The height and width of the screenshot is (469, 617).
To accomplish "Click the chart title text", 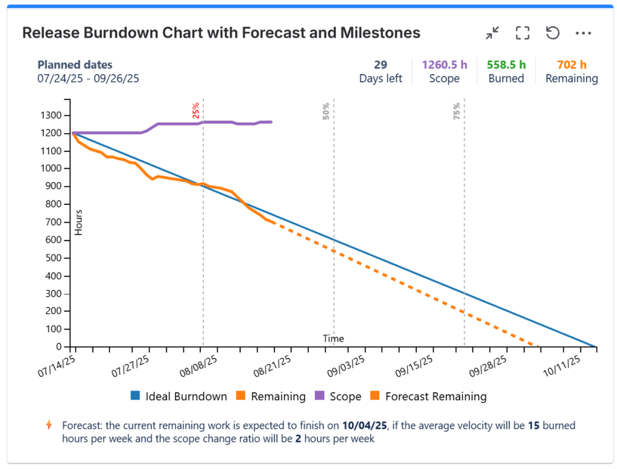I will [x=221, y=33].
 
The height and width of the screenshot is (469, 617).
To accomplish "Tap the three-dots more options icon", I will [x=583, y=33].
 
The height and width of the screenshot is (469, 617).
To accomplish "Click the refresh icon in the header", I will [x=553, y=33].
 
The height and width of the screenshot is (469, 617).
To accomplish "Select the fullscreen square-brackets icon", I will [x=523, y=33].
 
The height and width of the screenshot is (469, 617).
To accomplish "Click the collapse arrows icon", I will [x=492, y=33].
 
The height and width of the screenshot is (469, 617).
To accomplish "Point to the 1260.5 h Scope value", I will [x=444, y=64].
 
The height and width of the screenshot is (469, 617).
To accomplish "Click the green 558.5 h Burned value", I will [x=506, y=64].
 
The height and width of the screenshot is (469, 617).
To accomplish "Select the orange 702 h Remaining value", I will [x=571, y=64].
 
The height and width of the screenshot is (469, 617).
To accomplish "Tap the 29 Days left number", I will [x=380, y=64].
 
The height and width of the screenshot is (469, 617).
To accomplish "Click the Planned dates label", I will [x=75, y=64].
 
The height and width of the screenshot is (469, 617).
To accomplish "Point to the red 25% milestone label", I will [x=196, y=110].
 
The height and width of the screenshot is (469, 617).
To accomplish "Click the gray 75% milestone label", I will [x=457, y=110].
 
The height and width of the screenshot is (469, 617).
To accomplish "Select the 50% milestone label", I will [x=326, y=110].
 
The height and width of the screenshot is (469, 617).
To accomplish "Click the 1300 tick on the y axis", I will [x=52, y=115].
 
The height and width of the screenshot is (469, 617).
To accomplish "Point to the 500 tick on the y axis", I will [x=54, y=258].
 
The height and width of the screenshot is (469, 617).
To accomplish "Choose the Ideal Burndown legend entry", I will [x=178, y=397].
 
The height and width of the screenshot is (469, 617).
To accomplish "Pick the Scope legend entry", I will [x=338, y=397].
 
